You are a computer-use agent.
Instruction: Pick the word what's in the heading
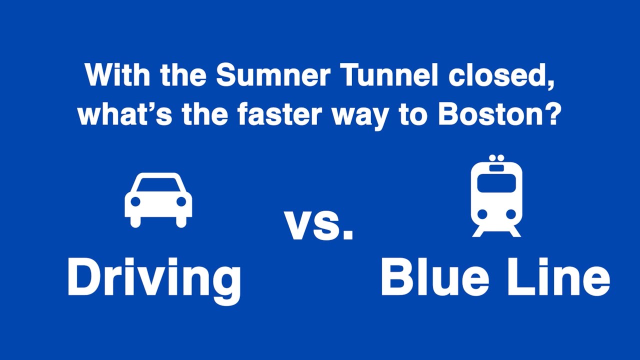[125, 115]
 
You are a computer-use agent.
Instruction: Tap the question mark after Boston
[550, 114]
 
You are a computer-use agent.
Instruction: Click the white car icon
[158, 200]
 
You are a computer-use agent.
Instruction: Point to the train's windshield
[496, 183]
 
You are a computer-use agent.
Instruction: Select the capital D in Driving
[83, 278]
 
